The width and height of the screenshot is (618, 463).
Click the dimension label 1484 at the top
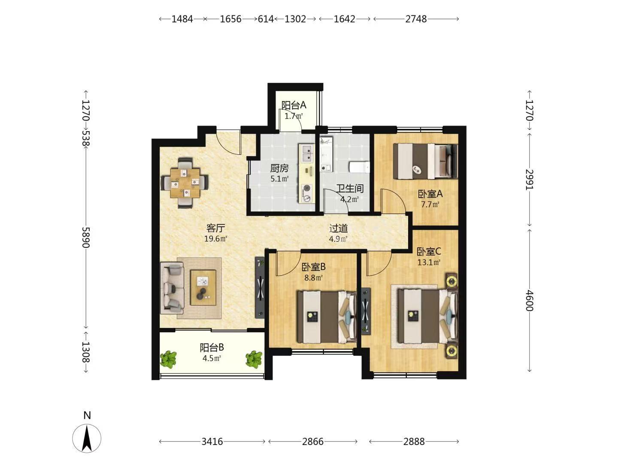coord(182,19)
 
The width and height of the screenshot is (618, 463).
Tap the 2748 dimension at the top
coord(416,19)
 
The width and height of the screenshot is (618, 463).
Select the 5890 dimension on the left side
coord(85,237)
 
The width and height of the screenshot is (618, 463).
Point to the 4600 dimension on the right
coord(529,301)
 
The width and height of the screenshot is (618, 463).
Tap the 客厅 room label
coord(215,228)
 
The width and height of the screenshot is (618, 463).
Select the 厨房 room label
coord(279,168)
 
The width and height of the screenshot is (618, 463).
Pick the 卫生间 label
coord(350,188)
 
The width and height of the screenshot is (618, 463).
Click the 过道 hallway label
coord(339,228)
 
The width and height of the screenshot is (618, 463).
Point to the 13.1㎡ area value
coord(428,262)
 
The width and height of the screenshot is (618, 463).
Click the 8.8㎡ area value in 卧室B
coord(313,278)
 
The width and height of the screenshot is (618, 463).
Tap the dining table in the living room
coord(185,183)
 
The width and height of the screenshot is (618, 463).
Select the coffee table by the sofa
coord(203,287)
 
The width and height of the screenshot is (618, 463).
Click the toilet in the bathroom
coord(359,167)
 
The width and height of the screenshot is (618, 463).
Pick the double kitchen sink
coord(306,153)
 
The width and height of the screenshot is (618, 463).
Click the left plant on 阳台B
coord(168,359)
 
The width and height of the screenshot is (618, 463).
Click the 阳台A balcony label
coord(294,105)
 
